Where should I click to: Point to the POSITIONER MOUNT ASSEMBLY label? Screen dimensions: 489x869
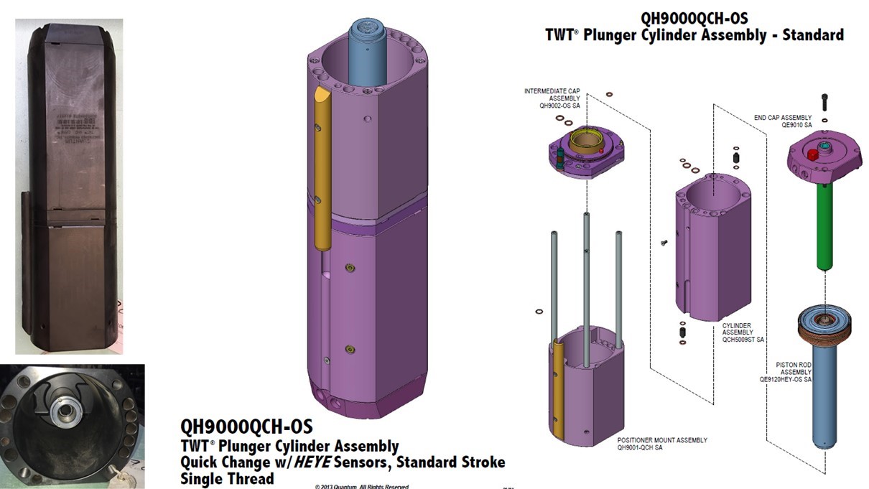tap(662, 444)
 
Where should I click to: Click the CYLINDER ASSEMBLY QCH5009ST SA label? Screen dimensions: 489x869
tap(743, 332)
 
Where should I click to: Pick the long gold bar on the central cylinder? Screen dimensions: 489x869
tap(321, 172)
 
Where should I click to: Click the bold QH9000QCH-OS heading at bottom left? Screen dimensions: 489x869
tap(246, 428)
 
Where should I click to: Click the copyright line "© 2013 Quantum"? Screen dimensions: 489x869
tap(361, 486)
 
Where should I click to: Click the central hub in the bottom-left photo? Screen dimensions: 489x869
tap(60, 412)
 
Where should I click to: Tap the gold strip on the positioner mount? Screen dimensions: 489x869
tap(559, 391)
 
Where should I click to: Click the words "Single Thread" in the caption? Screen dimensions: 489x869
tap(227, 478)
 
